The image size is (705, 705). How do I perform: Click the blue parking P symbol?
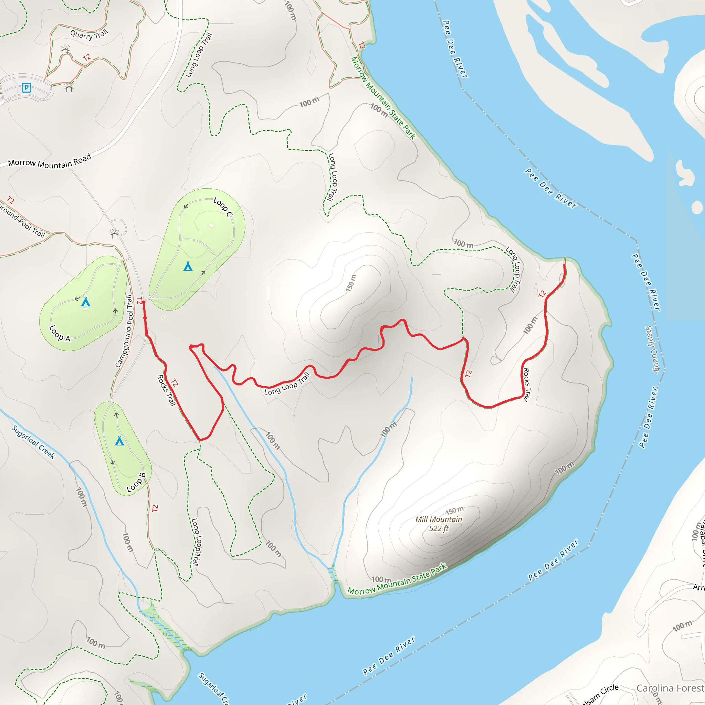click(x=26, y=87)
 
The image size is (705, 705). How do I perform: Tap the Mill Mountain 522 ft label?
click(x=439, y=524)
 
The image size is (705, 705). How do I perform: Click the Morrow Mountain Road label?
click(x=50, y=162)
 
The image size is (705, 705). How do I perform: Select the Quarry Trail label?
click(x=90, y=35)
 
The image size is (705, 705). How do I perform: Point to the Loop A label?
click(x=60, y=334)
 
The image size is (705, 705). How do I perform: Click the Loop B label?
click(x=136, y=482)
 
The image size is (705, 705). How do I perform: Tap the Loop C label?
click(x=223, y=207)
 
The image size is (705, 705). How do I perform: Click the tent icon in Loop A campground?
click(x=85, y=302)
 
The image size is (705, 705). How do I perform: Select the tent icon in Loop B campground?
click(x=119, y=441)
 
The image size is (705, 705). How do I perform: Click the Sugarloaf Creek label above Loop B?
click(x=33, y=442)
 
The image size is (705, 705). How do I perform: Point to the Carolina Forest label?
click(x=670, y=688)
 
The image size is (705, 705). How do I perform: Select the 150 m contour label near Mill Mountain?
click(x=455, y=511)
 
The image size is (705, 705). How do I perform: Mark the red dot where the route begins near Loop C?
click(x=144, y=303)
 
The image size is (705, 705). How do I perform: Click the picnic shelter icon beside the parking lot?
click(x=69, y=87)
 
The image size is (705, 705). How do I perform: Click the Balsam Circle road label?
click(x=600, y=694)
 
